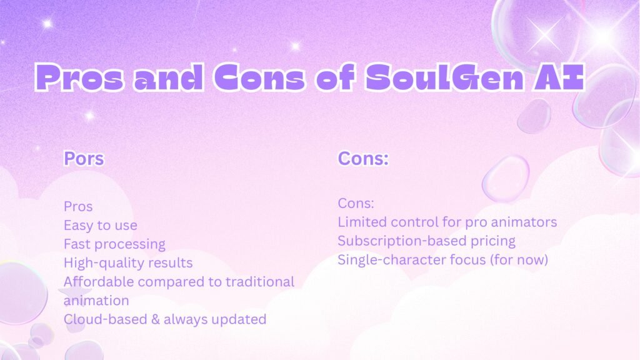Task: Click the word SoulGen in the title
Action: point(444,77)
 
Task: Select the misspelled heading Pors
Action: point(84,158)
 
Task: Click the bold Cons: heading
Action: point(363,158)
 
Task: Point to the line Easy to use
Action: point(101,225)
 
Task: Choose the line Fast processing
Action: point(114,244)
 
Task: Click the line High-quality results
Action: point(128,263)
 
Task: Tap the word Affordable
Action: point(99,282)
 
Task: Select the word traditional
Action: point(260,282)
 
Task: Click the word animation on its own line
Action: point(96,301)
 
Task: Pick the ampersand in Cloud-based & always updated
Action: point(156,319)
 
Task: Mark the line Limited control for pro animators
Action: point(447,222)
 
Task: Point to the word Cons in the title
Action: point(259,77)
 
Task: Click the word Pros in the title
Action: point(79,77)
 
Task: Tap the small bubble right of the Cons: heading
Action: point(506,178)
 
